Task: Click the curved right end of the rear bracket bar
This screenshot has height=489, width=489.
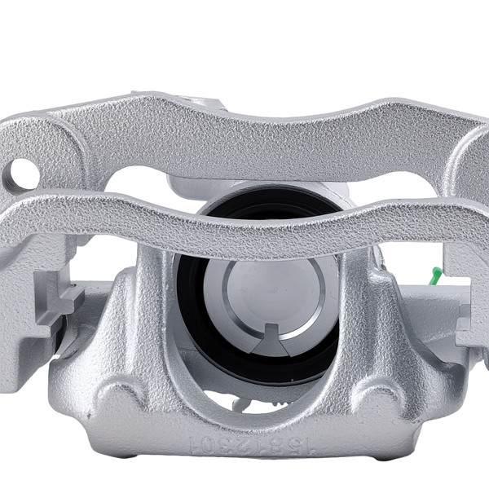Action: pyautogui.click(x=477, y=155)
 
